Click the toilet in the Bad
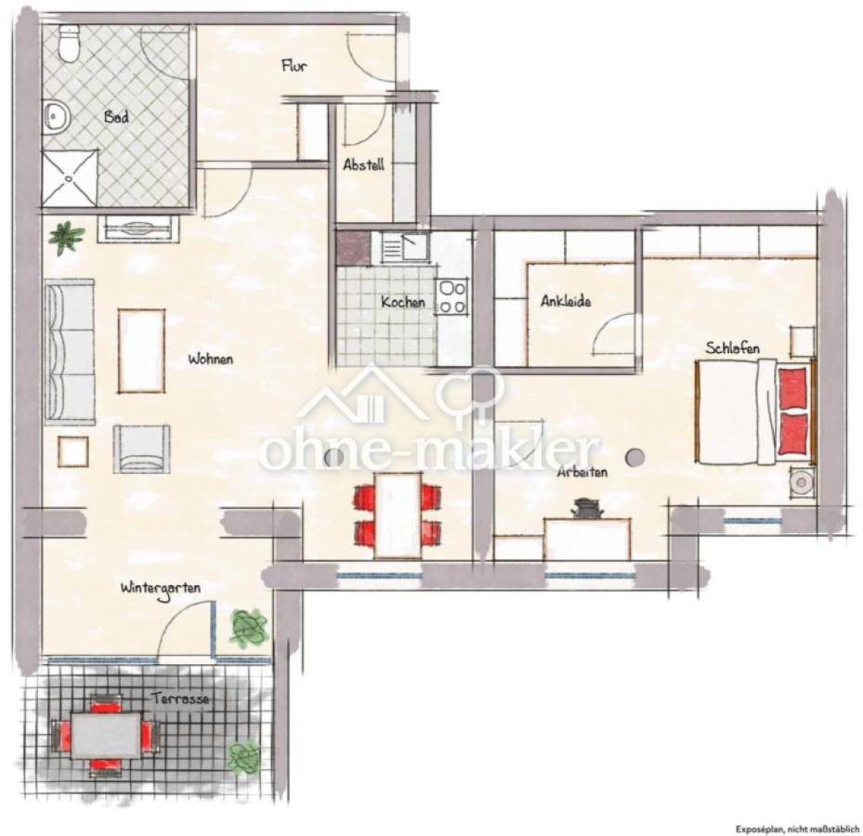click(69, 44)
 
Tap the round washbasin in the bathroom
click(56, 116)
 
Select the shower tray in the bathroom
click(70, 177)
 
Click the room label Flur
click(294, 66)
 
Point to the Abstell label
click(363, 164)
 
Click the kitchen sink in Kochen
click(410, 246)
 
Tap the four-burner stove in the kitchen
click(452, 297)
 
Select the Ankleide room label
click(566, 301)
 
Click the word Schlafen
click(733, 347)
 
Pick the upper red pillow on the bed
click(793, 388)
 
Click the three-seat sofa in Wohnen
click(70, 352)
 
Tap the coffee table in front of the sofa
click(141, 351)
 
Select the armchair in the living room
click(141, 449)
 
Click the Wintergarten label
click(161, 588)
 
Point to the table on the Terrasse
click(105, 735)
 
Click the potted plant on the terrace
click(243, 757)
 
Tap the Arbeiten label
click(582, 472)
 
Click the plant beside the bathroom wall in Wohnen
click(67, 237)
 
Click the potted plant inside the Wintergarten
click(249, 628)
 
